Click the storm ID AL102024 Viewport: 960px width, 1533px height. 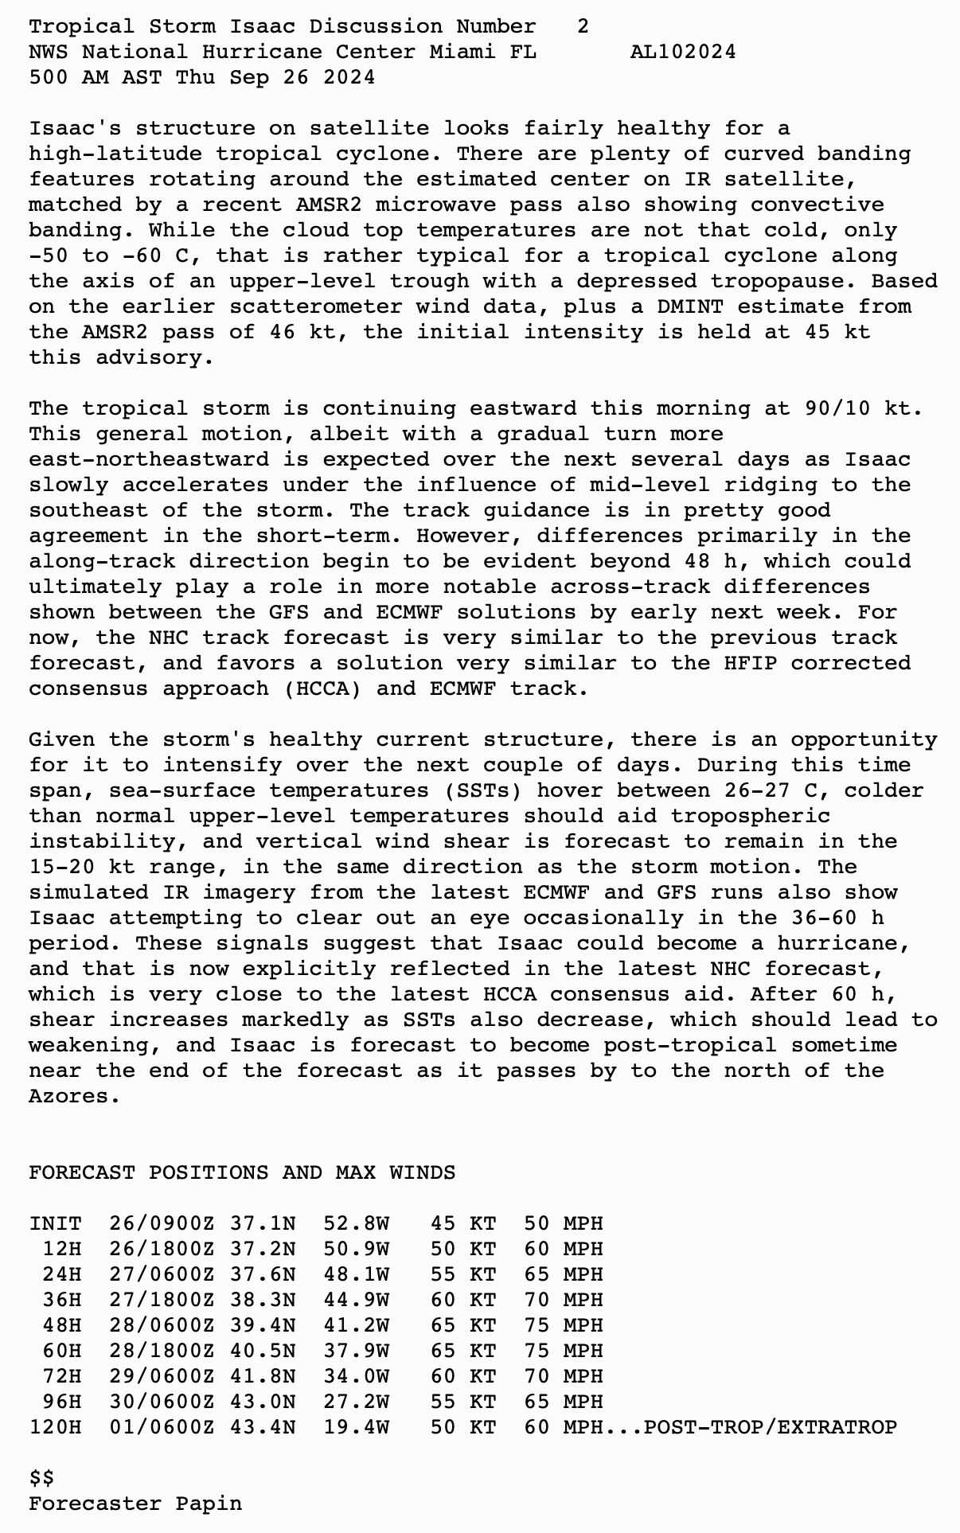tap(682, 53)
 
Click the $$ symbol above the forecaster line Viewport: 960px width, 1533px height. tap(41, 1478)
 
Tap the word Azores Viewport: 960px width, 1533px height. tap(74, 1097)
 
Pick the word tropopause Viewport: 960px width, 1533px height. tap(776, 282)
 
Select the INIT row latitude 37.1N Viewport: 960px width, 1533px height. tap(262, 1223)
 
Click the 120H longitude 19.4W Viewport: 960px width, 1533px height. tap(356, 1427)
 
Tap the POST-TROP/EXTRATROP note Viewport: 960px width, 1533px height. tap(770, 1427)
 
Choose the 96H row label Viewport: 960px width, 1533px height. tap(61, 1402)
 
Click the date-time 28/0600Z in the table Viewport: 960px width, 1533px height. tap(162, 1325)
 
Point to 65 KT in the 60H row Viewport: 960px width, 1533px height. tap(462, 1351)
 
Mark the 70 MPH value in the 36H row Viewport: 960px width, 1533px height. tap(563, 1300)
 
